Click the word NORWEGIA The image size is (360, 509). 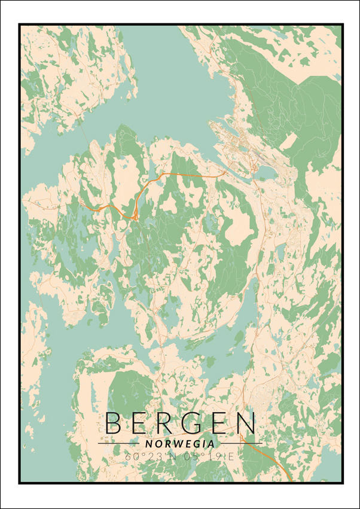(179, 444)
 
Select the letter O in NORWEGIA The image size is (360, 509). (156, 444)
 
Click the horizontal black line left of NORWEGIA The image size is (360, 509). (120, 444)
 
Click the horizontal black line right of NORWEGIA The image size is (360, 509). (239, 444)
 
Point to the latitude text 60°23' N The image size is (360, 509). (148, 456)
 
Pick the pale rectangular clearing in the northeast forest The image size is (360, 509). (289, 142)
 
